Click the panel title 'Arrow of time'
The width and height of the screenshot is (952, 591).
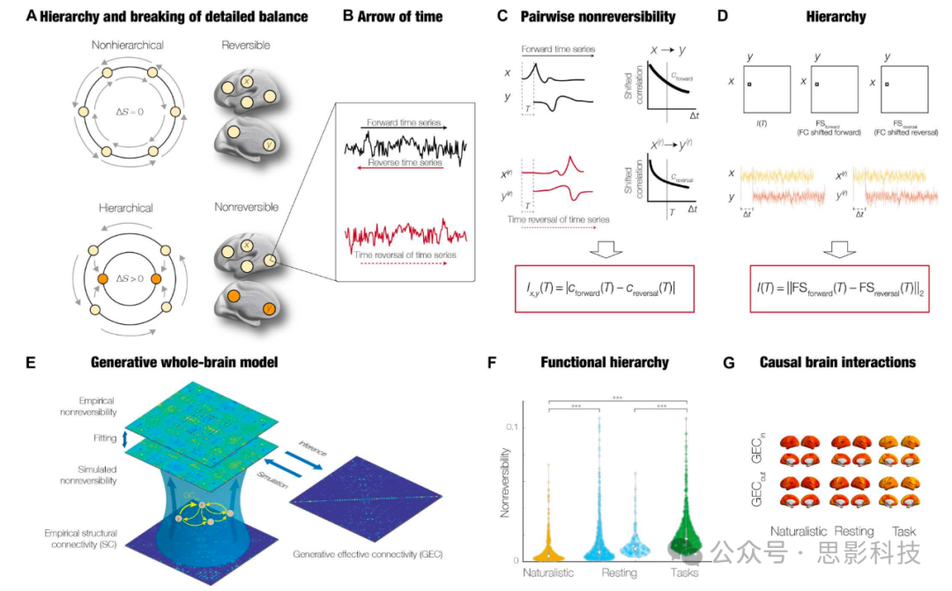coord(405,17)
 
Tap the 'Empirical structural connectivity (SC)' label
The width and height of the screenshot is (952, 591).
coord(84,539)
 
